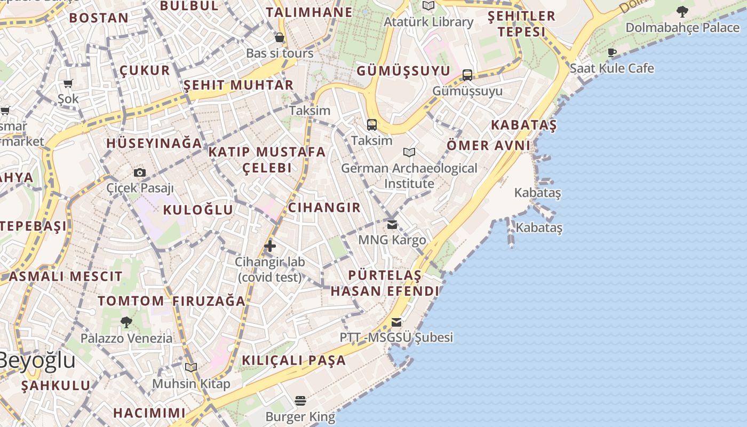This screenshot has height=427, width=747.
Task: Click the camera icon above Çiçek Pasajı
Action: [140, 172]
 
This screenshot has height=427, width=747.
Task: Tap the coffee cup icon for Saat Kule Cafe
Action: [612, 52]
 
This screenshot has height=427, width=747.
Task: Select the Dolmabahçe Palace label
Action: [682, 27]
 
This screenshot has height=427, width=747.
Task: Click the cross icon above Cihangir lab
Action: [270, 246]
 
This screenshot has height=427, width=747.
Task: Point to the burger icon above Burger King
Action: [300, 401]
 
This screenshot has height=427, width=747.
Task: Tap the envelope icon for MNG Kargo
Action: [392, 225]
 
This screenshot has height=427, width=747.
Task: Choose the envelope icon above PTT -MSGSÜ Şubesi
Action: [396, 322]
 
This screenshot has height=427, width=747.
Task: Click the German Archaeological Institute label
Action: [409, 176]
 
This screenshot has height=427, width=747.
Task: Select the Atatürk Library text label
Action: [428, 22]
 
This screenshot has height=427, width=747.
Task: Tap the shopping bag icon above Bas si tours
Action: [279, 37]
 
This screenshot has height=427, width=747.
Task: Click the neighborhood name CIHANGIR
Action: [324, 208]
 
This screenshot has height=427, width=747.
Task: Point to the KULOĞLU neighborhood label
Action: [198, 210]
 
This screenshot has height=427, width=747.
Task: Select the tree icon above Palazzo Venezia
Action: [126, 322]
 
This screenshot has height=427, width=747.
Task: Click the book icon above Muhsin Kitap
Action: [191, 367]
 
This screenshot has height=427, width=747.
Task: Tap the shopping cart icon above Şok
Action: [68, 83]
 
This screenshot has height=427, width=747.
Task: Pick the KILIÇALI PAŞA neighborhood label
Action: [294, 360]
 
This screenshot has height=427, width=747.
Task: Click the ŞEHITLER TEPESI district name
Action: [521, 24]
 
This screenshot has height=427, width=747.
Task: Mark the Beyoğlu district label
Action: [36, 360]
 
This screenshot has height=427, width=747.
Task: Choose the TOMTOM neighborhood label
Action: [131, 301]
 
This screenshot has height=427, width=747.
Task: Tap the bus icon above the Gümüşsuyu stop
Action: [467, 75]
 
